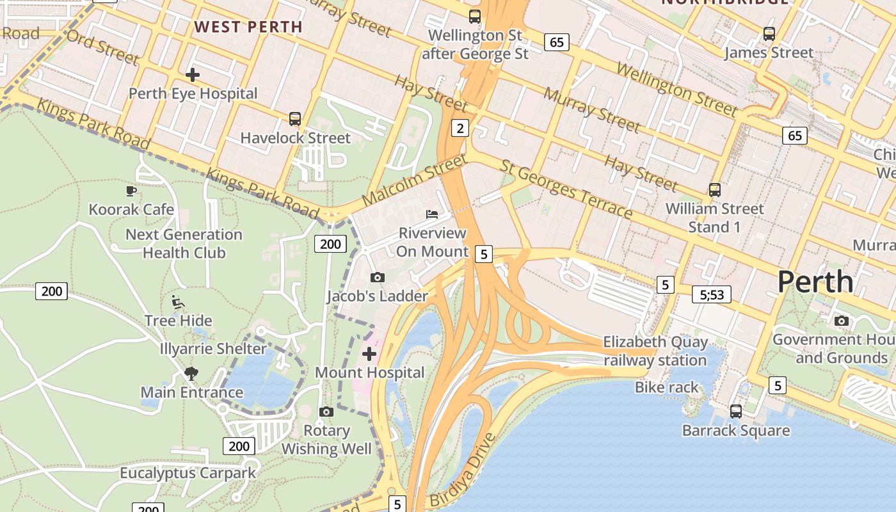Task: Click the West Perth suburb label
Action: pos(248,27)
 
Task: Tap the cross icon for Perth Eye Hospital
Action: pos(192,75)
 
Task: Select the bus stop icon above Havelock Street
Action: pos(294,119)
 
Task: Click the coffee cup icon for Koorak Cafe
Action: pos(131,191)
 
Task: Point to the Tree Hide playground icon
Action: pos(178,302)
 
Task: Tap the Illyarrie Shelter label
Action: pos(213,349)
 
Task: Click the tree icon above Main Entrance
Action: pos(191,373)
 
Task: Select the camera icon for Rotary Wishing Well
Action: pos(326,412)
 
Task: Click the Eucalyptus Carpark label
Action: pos(188,473)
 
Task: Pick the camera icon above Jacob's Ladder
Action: pos(378,277)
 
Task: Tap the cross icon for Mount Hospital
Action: pos(369,353)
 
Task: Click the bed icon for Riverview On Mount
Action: pos(433,214)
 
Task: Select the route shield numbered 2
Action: pos(460,128)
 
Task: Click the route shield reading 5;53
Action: pos(711,294)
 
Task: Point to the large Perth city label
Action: pos(815,282)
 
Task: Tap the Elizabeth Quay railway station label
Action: pos(655,351)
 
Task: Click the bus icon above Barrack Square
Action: pos(736,412)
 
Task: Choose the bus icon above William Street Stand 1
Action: pos(714,190)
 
